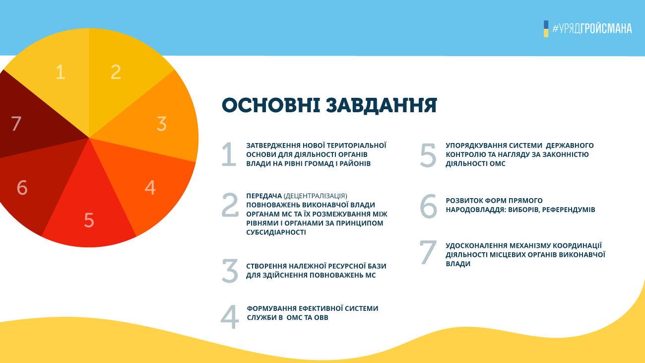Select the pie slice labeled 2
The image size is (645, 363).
(121, 75)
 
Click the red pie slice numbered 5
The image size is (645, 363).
(89, 213)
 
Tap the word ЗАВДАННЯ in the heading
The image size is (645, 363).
(382, 106)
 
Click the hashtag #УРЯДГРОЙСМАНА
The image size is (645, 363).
(592, 28)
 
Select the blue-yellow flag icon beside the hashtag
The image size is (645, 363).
(546, 29)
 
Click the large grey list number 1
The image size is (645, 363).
(229, 154)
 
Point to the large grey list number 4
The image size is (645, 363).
(230, 317)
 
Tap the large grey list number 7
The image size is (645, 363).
(428, 252)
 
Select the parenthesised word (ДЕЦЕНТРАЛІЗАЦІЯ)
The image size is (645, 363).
(315, 196)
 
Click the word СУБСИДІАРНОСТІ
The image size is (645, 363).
(276, 232)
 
